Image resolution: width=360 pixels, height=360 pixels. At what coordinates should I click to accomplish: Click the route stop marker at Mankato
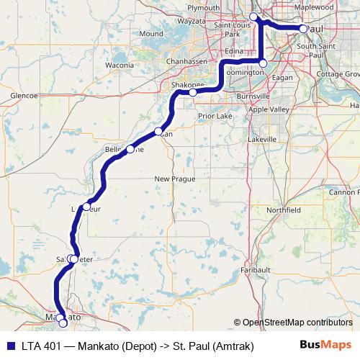[62, 323]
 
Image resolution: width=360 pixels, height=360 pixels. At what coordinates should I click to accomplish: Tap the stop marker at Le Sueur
[86, 207]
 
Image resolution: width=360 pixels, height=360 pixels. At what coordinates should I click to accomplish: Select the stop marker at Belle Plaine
[130, 149]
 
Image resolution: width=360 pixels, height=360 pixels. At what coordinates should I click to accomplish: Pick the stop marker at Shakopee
[193, 92]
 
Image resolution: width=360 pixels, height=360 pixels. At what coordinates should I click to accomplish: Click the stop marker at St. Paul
[303, 29]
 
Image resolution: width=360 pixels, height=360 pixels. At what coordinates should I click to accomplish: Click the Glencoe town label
[24, 94]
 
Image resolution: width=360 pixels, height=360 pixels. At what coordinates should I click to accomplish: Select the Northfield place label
[282, 210]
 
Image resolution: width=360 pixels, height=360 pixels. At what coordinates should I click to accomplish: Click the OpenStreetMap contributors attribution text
[292, 322]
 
